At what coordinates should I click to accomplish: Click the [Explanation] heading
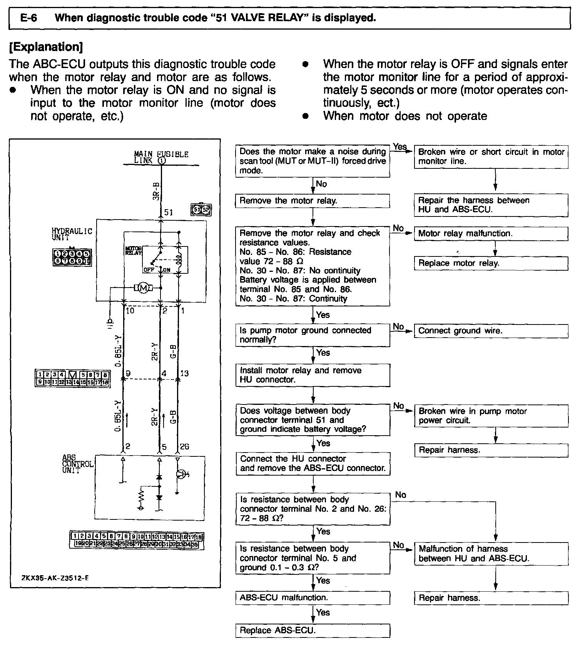click(46, 47)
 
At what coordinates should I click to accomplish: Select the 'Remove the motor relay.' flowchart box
click(313, 201)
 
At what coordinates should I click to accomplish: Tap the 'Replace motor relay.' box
click(491, 263)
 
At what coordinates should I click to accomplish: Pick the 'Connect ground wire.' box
click(491, 331)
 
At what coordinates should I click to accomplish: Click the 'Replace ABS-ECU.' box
click(313, 631)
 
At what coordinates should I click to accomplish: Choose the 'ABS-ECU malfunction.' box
click(313, 598)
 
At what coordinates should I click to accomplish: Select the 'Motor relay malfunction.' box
click(491, 234)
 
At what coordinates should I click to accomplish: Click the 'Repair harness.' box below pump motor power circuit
click(491, 450)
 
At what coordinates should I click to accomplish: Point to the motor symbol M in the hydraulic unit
click(143, 288)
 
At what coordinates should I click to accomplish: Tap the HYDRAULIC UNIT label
click(72, 234)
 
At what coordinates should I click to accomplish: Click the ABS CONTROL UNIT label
click(77, 464)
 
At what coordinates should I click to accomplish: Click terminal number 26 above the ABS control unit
click(184, 446)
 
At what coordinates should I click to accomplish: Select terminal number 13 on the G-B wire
click(184, 373)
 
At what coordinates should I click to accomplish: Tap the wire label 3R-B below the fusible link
click(155, 191)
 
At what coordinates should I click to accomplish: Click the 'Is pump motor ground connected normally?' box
click(313, 335)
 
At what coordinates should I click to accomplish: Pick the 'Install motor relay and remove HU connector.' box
click(313, 375)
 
